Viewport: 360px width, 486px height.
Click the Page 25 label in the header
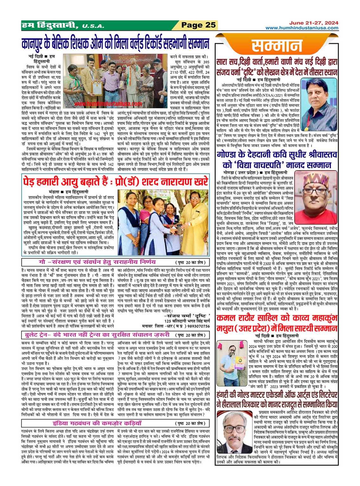pyautogui.click(x=198, y=25)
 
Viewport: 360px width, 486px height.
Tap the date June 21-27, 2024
pyautogui.click(x=313, y=23)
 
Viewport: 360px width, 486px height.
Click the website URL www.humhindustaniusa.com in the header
pyautogui.click(x=302, y=28)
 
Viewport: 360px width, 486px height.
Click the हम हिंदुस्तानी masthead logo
pyautogui.click(x=50, y=25)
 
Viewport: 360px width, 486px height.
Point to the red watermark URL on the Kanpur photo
pyautogui.click(x=108, y=104)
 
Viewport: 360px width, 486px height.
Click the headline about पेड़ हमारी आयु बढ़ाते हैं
pyautogui.click(x=115, y=182)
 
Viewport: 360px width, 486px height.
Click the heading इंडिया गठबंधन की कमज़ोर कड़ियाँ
pyautogui.click(x=97, y=423)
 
